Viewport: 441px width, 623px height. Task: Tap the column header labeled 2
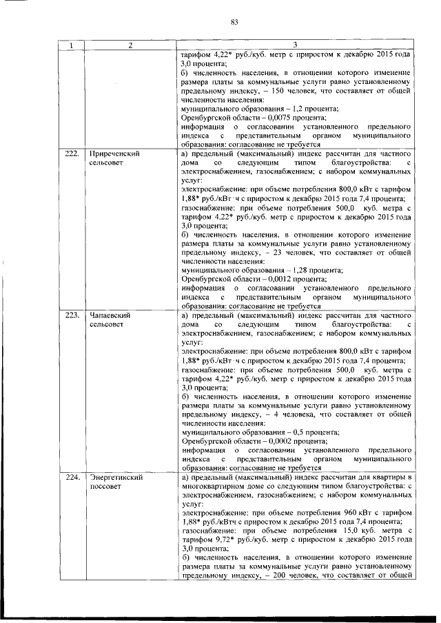click(129, 45)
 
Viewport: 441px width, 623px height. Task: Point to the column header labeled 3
click(295, 45)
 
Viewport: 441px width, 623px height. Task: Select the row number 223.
click(70, 315)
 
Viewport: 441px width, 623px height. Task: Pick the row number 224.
click(70, 477)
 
